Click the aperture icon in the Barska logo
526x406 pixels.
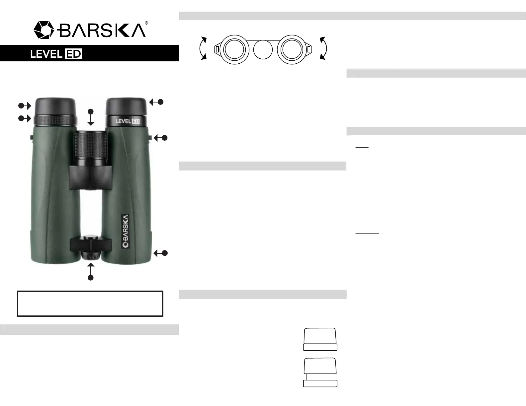pos(44,30)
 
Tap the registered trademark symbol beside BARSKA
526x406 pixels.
pos(146,23)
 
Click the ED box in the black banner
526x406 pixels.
pos(73,54)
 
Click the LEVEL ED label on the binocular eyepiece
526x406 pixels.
pos(128,121)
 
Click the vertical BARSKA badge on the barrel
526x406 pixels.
pos(126,231)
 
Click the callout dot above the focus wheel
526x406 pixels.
pos(91,111)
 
